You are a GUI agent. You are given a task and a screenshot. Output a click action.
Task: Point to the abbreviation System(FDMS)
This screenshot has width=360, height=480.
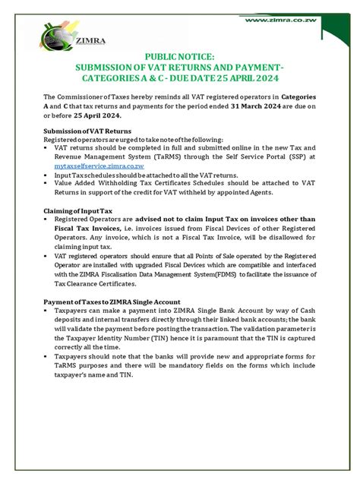click(225, 276)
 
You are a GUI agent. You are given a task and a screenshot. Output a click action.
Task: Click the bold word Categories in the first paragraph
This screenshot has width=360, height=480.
click(292, 97)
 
